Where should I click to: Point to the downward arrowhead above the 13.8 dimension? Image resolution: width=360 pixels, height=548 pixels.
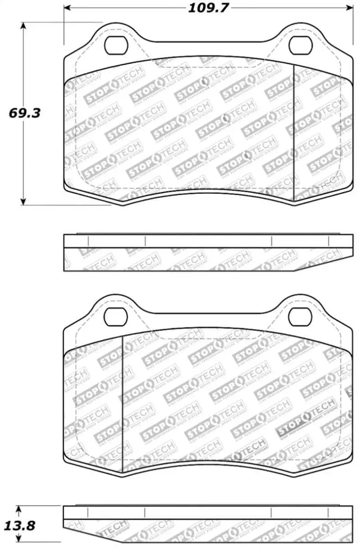(x=18, y=508)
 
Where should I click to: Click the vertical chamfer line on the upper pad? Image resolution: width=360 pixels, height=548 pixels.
(x=293, y=132)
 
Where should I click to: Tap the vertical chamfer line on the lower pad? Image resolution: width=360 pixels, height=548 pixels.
(x=123, y=402)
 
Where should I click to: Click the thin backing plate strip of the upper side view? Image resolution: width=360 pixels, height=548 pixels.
(x=208, y=241)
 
